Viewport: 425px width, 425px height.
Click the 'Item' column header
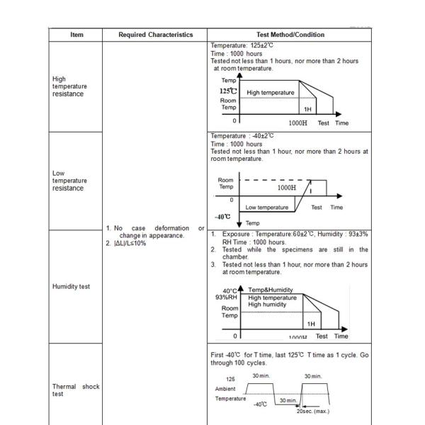point(76,35)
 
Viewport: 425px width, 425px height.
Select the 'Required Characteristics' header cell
point(155,35)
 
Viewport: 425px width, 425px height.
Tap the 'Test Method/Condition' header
point(290,35)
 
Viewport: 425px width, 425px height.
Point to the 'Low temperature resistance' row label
point(69,181)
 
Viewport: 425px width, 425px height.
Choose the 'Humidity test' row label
point(71,287)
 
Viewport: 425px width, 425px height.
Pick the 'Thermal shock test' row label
point(76,390)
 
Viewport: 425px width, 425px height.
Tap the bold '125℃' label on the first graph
point(228,91)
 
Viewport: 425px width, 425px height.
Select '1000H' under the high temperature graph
point(297,123)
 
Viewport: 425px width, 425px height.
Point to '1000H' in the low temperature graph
point(287,188)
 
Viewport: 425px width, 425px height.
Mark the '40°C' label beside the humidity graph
point(229,290)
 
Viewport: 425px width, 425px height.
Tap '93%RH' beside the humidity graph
point(227,297)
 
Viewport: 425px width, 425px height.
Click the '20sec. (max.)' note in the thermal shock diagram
point(312,411)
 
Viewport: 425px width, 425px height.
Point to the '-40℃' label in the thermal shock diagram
point(260,404)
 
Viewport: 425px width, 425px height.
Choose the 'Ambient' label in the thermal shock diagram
point(225,389)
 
